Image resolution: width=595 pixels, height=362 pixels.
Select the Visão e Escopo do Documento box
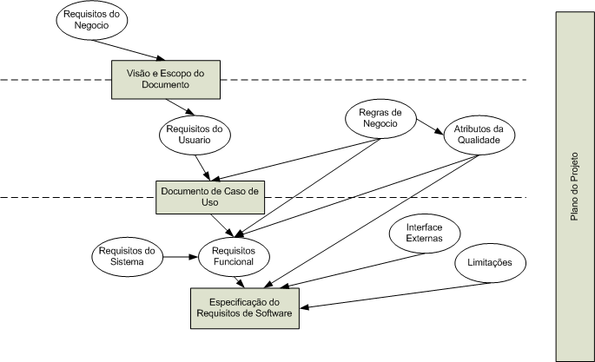click(x=163, y=79)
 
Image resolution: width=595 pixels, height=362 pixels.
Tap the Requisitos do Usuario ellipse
click(x=195, y=135)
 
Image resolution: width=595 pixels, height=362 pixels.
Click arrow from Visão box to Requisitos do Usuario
click(x=185, y=107)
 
